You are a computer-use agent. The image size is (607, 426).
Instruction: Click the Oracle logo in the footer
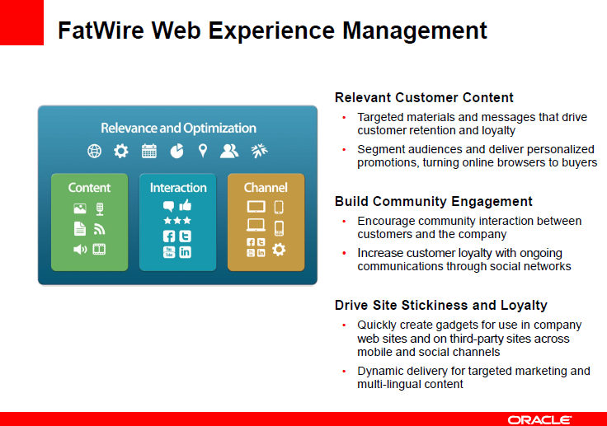click(x=539, y=419)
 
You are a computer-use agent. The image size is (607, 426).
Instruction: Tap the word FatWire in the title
click(x=101, y=30)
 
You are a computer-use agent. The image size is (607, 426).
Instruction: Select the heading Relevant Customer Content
click(x=424, y=97)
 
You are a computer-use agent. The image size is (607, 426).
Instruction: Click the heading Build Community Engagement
click(x=434, y=201)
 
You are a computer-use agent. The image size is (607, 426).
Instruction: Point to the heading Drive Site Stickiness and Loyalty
click(x=441, y=305)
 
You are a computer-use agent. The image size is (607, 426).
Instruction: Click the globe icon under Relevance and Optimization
click(x=95, y=151)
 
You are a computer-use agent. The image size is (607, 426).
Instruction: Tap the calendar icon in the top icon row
click(x=149, y=151)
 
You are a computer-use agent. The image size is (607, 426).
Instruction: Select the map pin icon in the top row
click(x=202, y=151)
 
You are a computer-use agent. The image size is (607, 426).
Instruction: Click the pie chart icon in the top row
click(x=177, y=151)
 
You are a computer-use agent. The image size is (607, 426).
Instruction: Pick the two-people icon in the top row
click(x=229, y=151)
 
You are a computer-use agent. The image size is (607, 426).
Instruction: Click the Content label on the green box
click(x=89, y=188)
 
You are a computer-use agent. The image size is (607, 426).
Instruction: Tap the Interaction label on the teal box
click(x=178, y=188)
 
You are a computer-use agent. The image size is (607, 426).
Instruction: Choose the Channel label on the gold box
click(x=266, y=188)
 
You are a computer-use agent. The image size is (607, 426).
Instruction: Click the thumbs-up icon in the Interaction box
click(x=186, y=204)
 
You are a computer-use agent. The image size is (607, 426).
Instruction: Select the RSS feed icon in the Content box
click(x=99, y=229)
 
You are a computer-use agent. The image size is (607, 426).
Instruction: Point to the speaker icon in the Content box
click(x=80, y=250)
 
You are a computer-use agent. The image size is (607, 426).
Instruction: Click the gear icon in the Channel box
click(x=279, y=249)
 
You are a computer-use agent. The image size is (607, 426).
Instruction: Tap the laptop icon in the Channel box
click(x=256, y=225)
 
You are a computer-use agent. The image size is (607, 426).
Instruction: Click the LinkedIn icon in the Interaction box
click(x=185, y=252)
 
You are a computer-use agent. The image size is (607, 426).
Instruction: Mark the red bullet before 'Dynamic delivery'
click(x=344, y=372)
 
